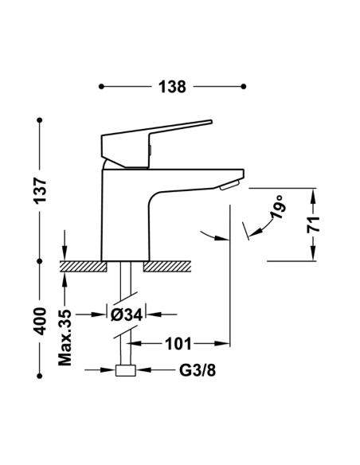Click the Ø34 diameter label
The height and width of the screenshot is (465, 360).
tap(127, 315)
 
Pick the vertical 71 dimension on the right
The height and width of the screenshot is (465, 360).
tap(315, 224)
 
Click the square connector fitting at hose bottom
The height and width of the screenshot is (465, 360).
tap(126, 370)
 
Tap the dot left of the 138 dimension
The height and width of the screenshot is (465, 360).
tap(100, 86)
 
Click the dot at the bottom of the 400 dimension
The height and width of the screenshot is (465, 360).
tap(38, 370)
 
